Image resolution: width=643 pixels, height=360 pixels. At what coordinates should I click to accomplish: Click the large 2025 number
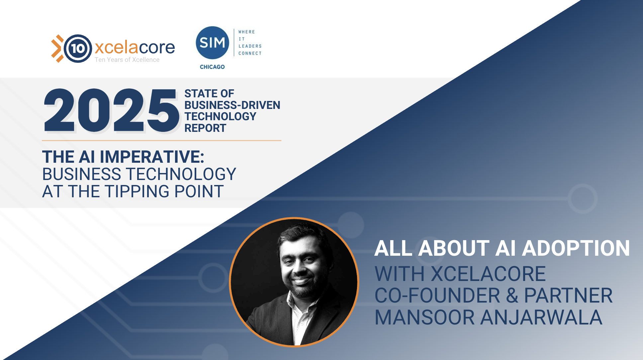(111, 111)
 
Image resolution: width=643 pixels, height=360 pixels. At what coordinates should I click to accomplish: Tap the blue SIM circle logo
(213, 43)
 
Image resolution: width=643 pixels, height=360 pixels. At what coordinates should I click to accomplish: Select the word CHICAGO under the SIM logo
(212, 67)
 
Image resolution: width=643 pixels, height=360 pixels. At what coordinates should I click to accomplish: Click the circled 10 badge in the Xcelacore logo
(78, 48)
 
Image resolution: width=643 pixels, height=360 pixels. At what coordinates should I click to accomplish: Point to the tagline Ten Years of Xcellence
(127, 60)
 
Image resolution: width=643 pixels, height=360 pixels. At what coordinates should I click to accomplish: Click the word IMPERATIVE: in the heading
(152, 157)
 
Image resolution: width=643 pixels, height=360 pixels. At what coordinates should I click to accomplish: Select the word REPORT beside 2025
(205, 128)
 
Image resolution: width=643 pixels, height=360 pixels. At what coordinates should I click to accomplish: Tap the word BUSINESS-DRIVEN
(232, 105)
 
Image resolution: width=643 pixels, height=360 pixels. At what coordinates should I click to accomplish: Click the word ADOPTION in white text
(576, 248)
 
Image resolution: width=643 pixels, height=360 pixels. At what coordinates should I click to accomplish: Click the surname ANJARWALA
(541, 317)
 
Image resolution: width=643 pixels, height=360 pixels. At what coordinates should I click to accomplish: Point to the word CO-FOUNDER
(437, 296)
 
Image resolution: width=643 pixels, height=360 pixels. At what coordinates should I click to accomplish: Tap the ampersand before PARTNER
(512, 296)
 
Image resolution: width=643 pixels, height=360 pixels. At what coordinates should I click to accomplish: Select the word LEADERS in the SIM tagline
(250, 46)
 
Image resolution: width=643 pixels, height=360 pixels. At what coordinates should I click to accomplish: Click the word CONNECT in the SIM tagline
(250, 53)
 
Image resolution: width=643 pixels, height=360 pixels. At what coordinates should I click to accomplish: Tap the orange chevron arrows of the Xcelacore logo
(57, 48)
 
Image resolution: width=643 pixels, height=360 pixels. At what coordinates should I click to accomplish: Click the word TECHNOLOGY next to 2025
(221, 116)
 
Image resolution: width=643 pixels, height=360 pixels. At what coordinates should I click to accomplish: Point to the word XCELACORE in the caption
(488, 274)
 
